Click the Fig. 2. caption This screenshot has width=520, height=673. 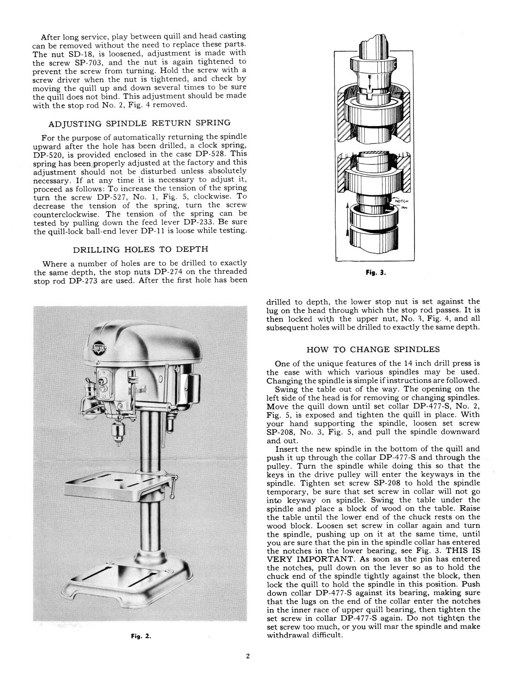pyautogui.click(x=141, y=636)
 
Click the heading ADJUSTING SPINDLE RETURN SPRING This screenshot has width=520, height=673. pyautogui.click(x=140, y=123)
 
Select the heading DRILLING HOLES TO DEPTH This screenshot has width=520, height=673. pyautogui.click(x=141, y=250)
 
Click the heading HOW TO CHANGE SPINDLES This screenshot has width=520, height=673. pyautogui.click(x=373, y=350)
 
